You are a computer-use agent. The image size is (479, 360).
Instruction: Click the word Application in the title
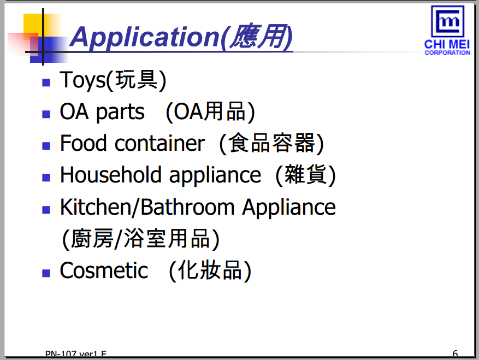[145, 37]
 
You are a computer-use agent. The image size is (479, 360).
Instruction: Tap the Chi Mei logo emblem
[447, 21]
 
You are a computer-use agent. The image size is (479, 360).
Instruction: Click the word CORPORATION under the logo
[447, 52]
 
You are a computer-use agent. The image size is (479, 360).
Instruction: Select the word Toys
[82, 80]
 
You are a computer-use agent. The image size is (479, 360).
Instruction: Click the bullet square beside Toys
[46, 82]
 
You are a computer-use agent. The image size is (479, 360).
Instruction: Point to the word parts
[120, 113]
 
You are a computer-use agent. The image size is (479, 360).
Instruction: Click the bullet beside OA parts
[46, 114]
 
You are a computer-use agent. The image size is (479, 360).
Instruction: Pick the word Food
[84, 143]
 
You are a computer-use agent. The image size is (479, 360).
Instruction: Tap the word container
[159, 143]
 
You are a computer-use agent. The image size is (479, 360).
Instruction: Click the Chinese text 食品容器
[272, 143]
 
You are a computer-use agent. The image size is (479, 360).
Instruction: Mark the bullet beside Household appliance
[46, 178]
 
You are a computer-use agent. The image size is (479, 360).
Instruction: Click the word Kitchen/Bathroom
[147, 208]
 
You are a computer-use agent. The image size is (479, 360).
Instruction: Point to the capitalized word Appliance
[289, 208]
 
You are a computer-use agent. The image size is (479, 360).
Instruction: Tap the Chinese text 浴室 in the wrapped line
[145, 238]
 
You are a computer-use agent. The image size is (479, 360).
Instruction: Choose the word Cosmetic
[104, 270]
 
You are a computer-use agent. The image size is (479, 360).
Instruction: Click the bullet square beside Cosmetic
[46, 273]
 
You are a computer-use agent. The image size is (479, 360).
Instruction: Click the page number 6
[455, 353]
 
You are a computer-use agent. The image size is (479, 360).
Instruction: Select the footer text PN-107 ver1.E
[76, 353]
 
